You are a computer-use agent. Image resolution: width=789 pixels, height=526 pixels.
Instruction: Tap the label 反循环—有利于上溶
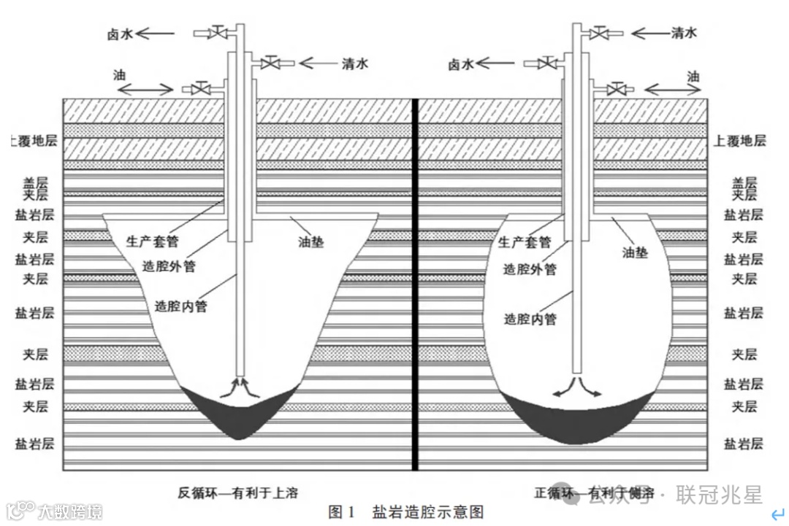coord(237,492)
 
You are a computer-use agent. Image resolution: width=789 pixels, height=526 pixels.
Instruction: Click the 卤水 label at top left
coord(120,33)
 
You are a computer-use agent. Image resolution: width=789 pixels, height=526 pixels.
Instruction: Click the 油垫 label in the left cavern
coord(310,241)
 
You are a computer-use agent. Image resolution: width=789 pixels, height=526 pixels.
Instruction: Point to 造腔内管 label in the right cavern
coord(530,319)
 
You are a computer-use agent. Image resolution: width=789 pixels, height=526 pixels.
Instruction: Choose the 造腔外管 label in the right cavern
coord(530,269)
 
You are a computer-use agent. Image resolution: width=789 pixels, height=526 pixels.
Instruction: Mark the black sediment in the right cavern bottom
coord(576,424)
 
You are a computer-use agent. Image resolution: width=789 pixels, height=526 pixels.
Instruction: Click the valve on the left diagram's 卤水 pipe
coord(217,33)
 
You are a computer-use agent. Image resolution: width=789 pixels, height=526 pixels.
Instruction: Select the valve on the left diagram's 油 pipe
coord(197,89)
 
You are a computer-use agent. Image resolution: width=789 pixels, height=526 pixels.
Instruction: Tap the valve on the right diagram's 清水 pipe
coord(600,33)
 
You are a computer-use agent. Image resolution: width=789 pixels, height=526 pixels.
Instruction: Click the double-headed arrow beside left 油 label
coord(145,89)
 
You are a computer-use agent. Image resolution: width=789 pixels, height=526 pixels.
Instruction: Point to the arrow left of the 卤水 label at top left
coord(156,33)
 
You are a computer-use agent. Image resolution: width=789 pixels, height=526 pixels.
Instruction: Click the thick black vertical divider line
coord(415,285)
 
